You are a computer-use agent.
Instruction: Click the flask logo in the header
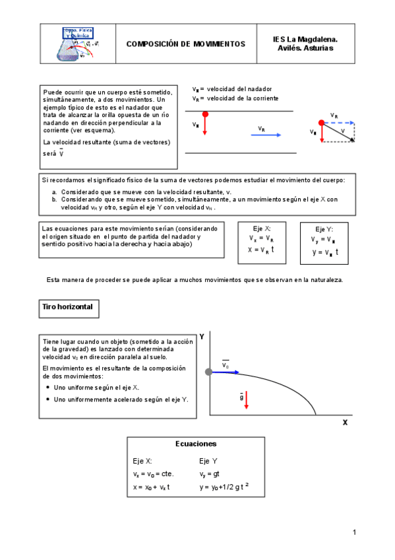click(x=78, y=45)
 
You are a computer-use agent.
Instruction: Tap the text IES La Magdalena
click(x=305, y=40)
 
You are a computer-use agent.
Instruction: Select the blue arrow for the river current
click(x=266, y=135)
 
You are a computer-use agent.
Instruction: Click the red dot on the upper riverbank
click(x=205, y=114)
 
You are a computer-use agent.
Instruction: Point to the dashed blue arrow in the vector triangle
click(x=340, y=122)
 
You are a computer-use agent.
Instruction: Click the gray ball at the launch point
click(x=209, y=372)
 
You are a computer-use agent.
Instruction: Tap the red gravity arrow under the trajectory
click(x=245, y=400)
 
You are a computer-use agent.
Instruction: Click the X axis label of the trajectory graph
click(x=344, y=423)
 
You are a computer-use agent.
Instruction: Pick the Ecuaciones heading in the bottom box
click(x=196, y=444)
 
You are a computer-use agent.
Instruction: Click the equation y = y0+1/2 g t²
click(x=224, y=487)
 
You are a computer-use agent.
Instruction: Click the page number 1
click(x=354, y=532)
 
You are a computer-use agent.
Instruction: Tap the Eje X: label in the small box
click(x=260, y=227)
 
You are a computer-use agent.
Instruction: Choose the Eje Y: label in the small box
click(x=324, y=228)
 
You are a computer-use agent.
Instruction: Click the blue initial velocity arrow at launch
click(x=227, y=373)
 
